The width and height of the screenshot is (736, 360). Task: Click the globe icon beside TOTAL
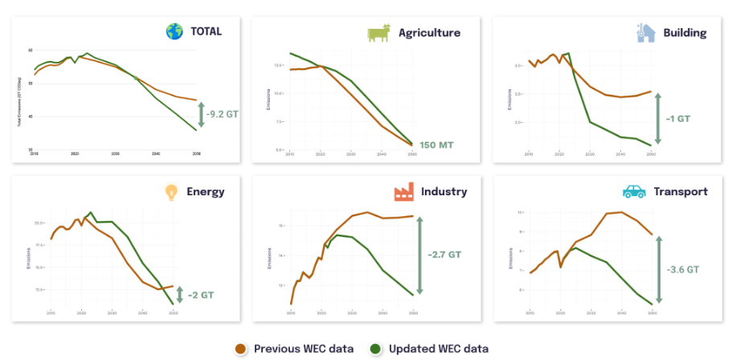pos(174,32)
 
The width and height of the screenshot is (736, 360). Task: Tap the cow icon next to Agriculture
pos(378,32)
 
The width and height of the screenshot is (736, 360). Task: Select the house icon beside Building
pos(645,32)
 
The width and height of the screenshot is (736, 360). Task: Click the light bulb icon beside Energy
pos(170,192)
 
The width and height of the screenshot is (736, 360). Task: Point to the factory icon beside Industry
pos(404,192)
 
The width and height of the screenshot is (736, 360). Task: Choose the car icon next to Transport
pos(634,192)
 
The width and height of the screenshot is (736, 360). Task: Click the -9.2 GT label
pos(221,114)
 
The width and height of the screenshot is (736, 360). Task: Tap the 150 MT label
pos(436,145)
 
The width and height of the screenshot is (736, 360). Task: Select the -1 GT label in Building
pos(677,118)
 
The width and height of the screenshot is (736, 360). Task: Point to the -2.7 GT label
pos(444,255)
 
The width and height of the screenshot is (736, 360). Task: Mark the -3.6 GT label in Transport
pos(681,270)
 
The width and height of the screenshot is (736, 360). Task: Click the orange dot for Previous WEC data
pos(241,349)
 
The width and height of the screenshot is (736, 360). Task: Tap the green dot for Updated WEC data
pos(374,349)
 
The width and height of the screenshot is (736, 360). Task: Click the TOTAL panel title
pos(206,32)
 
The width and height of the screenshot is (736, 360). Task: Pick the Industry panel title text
pos(443,192)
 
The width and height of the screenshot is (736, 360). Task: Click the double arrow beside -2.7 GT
pos(419,255)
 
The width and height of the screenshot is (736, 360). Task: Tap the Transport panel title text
pos(680,192)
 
